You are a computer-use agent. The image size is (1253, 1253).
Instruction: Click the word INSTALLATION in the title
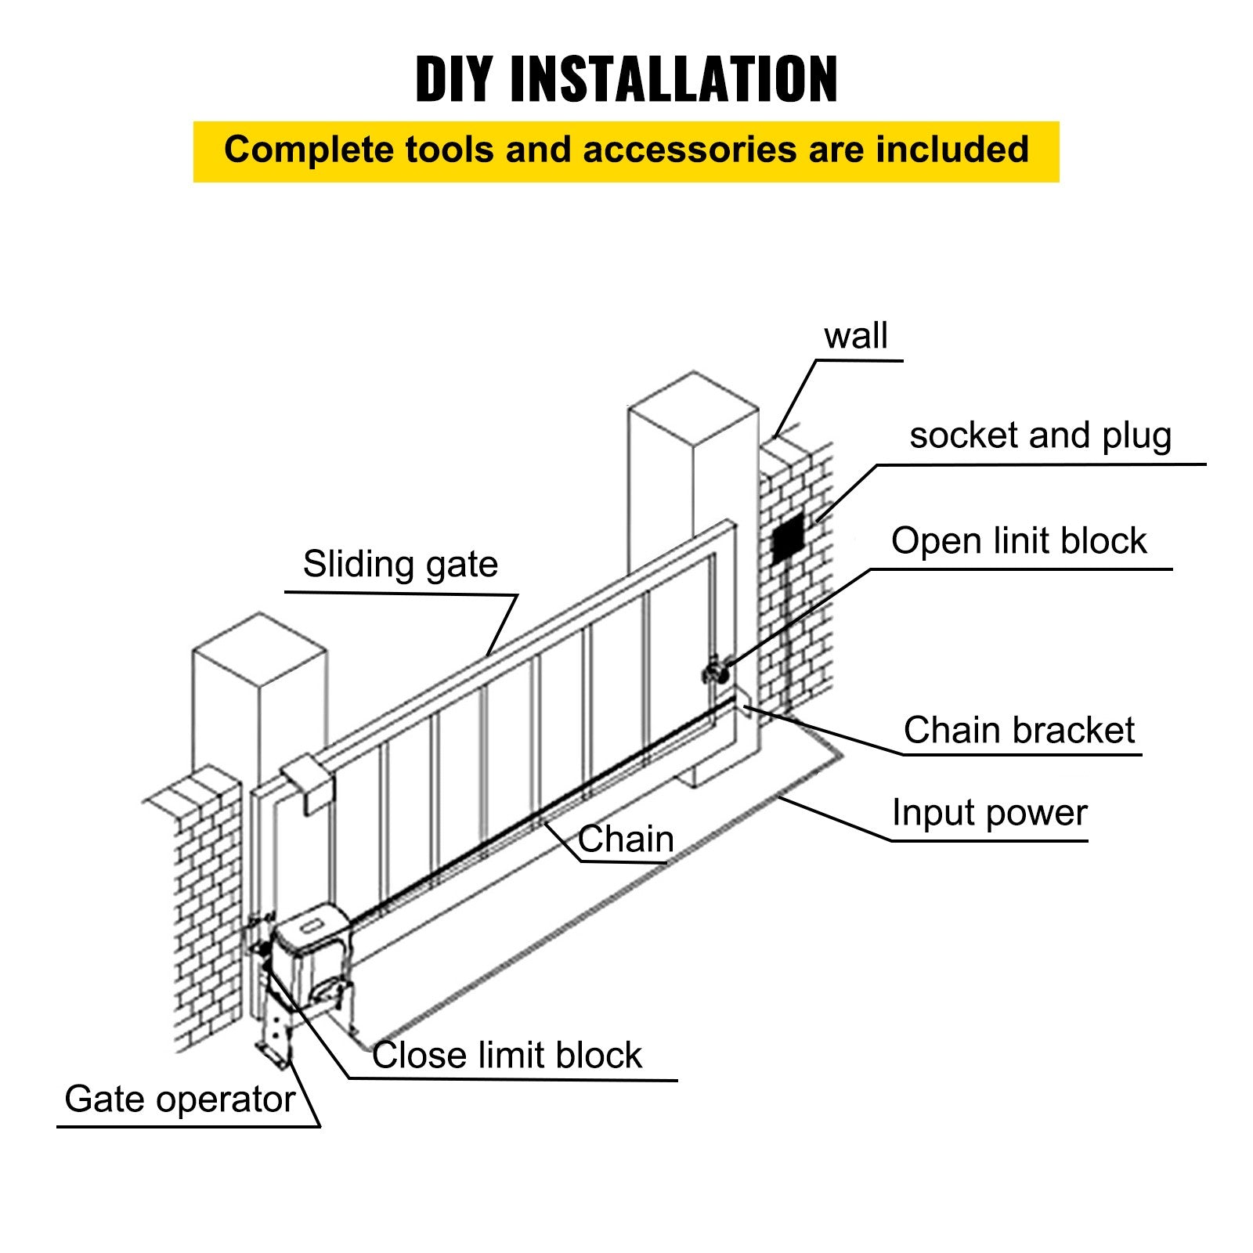673,79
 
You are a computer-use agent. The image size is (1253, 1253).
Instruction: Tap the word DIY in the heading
454,79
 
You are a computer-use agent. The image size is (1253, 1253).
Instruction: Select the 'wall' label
855,336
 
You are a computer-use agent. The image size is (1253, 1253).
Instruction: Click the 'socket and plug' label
1040,435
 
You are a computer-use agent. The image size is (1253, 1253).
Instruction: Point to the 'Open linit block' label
1018,541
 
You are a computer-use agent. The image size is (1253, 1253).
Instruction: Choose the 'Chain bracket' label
1018,730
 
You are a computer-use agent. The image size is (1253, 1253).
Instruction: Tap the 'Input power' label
989,813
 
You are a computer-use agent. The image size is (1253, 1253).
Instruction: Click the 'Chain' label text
626,840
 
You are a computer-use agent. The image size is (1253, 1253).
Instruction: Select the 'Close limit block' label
507,1055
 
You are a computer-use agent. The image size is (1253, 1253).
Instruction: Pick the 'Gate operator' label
179,1100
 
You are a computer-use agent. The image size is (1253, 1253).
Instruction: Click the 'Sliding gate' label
400,565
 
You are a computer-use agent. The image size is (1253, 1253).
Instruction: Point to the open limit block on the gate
714,672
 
